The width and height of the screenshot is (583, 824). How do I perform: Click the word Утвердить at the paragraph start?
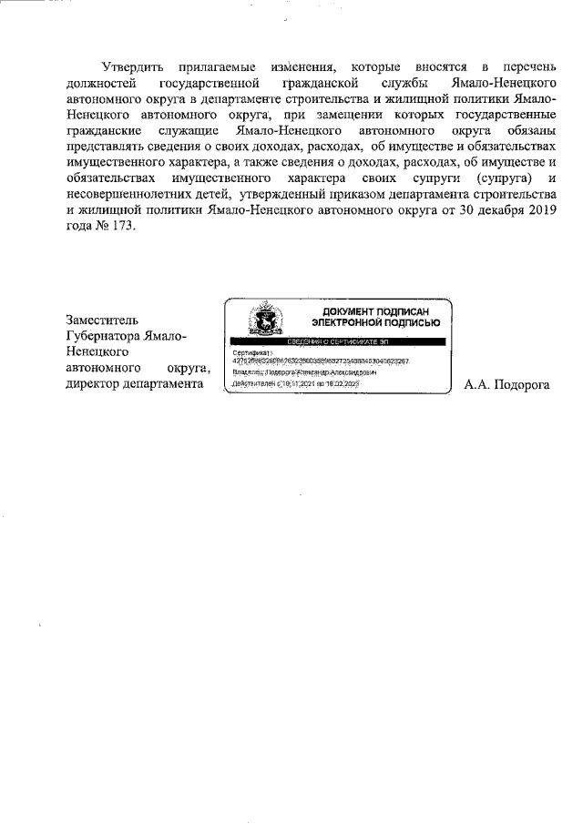[132, 67]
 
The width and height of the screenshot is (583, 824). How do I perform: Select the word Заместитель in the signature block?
[103, 320]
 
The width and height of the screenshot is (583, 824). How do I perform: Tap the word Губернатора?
[108, 336]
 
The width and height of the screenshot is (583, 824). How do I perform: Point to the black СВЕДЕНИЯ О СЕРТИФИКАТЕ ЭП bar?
[338, 341]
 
